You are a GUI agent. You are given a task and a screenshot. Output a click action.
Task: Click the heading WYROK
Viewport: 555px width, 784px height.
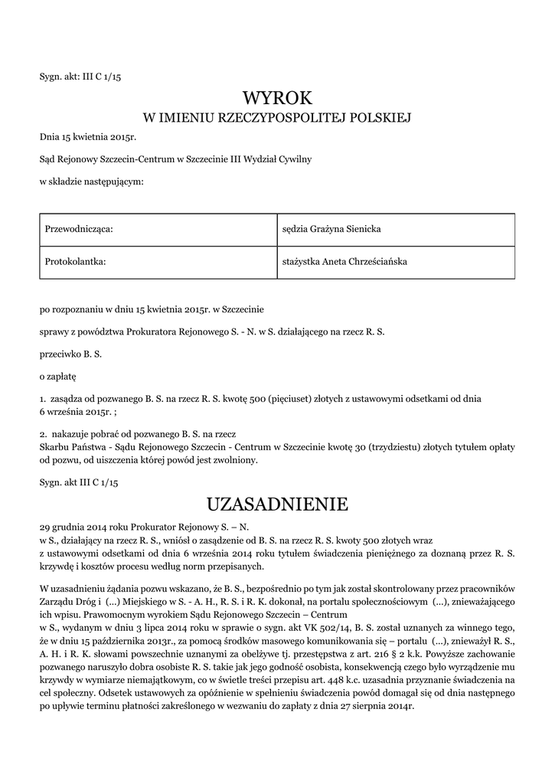point(277,98)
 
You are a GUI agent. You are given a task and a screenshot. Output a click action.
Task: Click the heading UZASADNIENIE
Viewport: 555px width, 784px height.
point(277,504)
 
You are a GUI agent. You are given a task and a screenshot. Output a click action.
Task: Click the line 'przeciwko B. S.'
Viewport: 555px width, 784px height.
point(71,354)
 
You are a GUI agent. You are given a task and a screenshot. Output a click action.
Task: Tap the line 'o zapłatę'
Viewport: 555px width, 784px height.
point(58,377)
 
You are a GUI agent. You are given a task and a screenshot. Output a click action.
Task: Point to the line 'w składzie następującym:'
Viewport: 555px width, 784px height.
point(91,181)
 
